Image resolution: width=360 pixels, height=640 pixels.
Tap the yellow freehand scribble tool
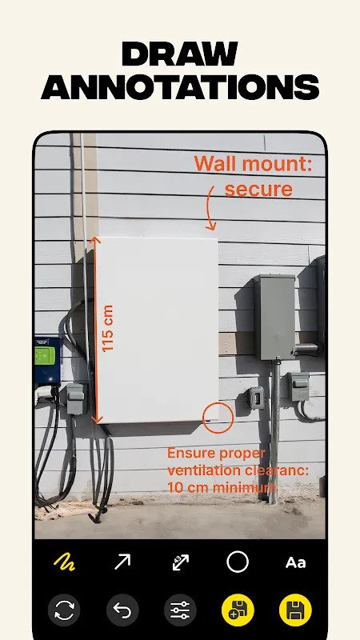tap(64, 562)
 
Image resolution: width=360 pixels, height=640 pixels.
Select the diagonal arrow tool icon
tap(122, 562)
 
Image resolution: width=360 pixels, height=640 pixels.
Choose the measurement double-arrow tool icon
tap(181, 562)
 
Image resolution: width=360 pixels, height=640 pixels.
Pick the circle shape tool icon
tap(238, 562)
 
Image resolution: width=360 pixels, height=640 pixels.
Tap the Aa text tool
tap(295, 563)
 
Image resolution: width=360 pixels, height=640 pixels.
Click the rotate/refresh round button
tap(64, 610)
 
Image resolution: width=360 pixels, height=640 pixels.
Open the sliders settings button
tap(180, 610)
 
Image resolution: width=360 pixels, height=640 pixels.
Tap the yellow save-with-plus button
tap(238, 610)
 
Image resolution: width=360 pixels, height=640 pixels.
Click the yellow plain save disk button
tap(295, 610)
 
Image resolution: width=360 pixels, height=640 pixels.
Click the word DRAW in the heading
tap(179, 54)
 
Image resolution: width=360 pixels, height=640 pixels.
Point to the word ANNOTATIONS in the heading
tap(180, 87)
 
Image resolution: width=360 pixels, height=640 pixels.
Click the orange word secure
tap(258, 189)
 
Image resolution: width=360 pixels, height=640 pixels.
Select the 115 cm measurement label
tap(107, 329)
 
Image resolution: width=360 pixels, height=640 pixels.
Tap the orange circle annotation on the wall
tap(218, 403)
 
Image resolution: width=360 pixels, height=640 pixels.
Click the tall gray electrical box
tap(274, 317)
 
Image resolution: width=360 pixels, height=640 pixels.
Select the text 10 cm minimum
tap(222, 487)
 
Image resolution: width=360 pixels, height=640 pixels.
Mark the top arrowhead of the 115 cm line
tap(95, 241)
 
